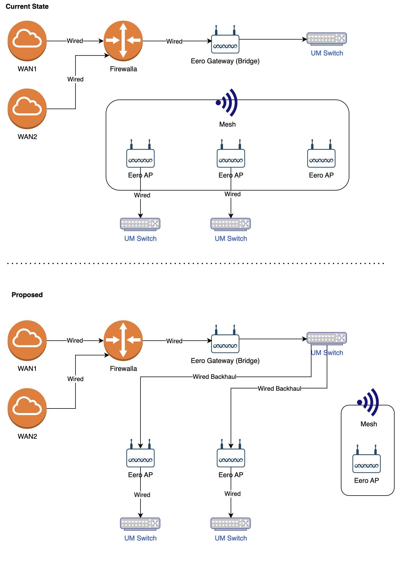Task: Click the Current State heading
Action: (x=27, y=7)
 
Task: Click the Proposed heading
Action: (x=27, y=295)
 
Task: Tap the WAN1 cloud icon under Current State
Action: (x=27, y=40)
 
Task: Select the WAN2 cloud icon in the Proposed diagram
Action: (x=27, y=408)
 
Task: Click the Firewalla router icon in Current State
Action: (x=123, y=40)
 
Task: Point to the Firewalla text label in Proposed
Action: (x=123, y=369)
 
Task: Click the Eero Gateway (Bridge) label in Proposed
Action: (x=225, y=361)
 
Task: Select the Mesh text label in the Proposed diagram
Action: (x=369, y=424)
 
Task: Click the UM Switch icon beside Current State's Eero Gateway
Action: (x=327, y=39)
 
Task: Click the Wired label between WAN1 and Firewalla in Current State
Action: (x=75, y=41)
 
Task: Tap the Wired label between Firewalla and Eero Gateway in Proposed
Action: (x=174, y=341)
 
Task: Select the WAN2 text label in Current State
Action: (x=27, y=137)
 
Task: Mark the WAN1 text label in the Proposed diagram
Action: (x=27, y=369)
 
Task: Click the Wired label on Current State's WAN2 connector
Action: (x=75, y=79)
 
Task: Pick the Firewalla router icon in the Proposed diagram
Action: (x=123, y=340)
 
